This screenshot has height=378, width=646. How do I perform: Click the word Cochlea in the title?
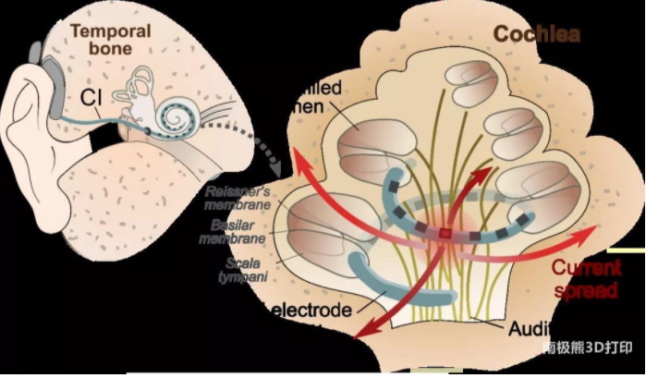[x=536, y=34]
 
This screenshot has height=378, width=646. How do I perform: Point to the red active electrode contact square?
[x=445, y=234]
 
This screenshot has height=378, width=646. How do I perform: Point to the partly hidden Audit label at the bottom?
[x=530, y=328]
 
